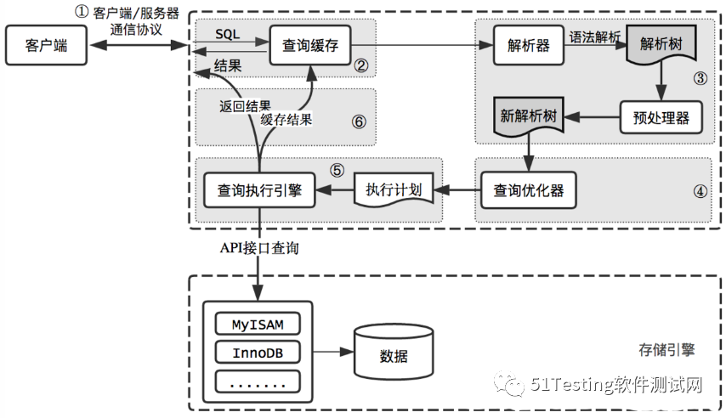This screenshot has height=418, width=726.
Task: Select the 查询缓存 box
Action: [309, 46]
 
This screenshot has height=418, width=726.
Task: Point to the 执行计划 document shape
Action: [394, 189]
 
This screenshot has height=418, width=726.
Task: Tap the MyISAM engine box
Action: [258, 325]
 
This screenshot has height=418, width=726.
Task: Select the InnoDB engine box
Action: [258, 352]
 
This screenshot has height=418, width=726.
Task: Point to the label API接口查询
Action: [259, 249]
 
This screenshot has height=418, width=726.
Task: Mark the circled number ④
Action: [700, 191]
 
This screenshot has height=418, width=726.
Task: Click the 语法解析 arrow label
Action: [596, 37]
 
